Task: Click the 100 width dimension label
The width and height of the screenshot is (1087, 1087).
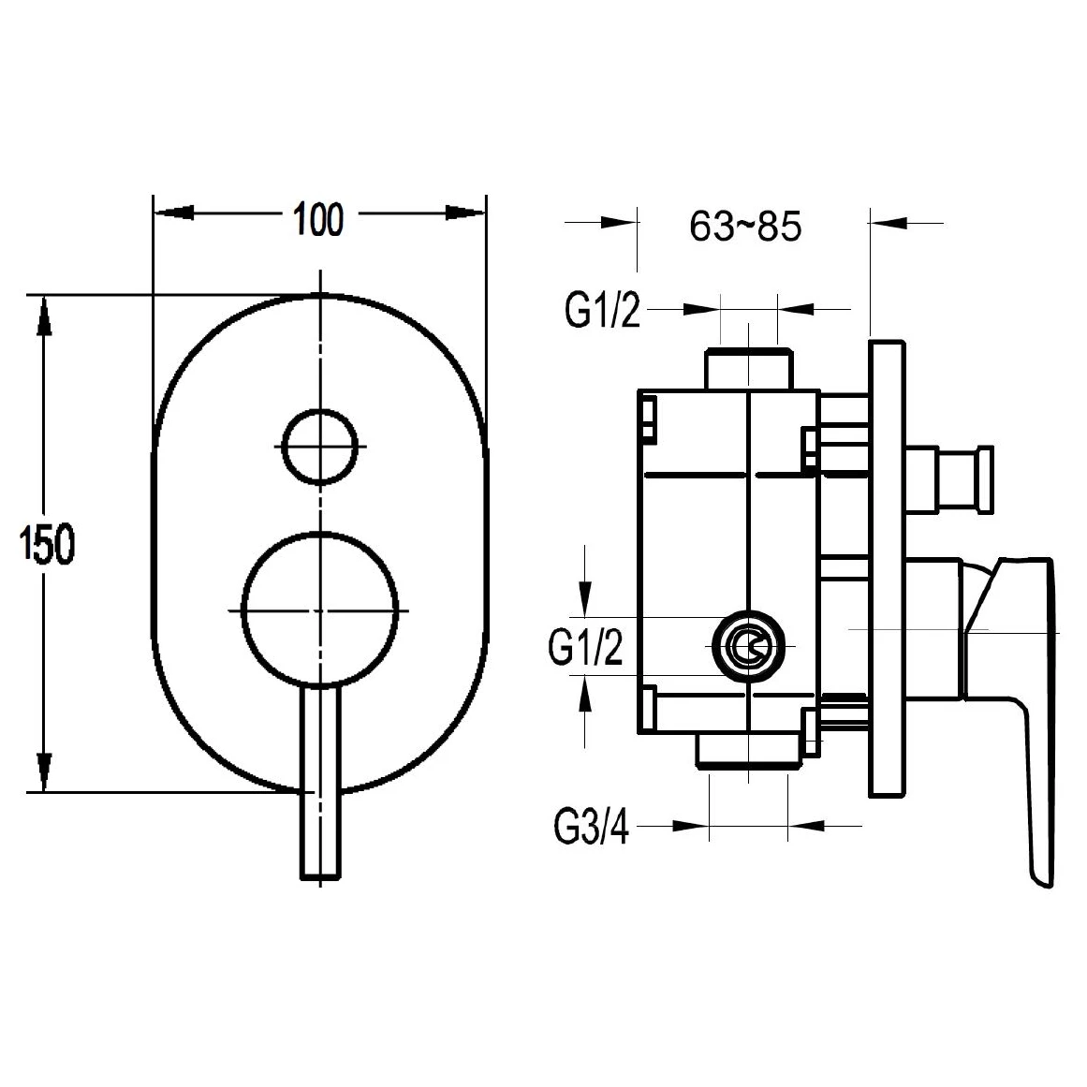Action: point(318,220)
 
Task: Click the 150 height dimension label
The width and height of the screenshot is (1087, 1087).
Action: point(47,543)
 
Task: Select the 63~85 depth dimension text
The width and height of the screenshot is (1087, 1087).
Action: point(745,226)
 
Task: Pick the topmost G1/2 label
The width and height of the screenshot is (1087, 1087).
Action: point(602,310)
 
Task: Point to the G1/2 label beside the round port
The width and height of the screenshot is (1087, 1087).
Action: point(585,648)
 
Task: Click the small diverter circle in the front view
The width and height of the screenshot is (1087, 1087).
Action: point(320,446)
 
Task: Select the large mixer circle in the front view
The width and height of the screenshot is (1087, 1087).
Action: point(320,610)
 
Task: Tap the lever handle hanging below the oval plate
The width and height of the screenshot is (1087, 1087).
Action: point(320,784)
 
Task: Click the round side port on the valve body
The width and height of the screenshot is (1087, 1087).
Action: point(749,646)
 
